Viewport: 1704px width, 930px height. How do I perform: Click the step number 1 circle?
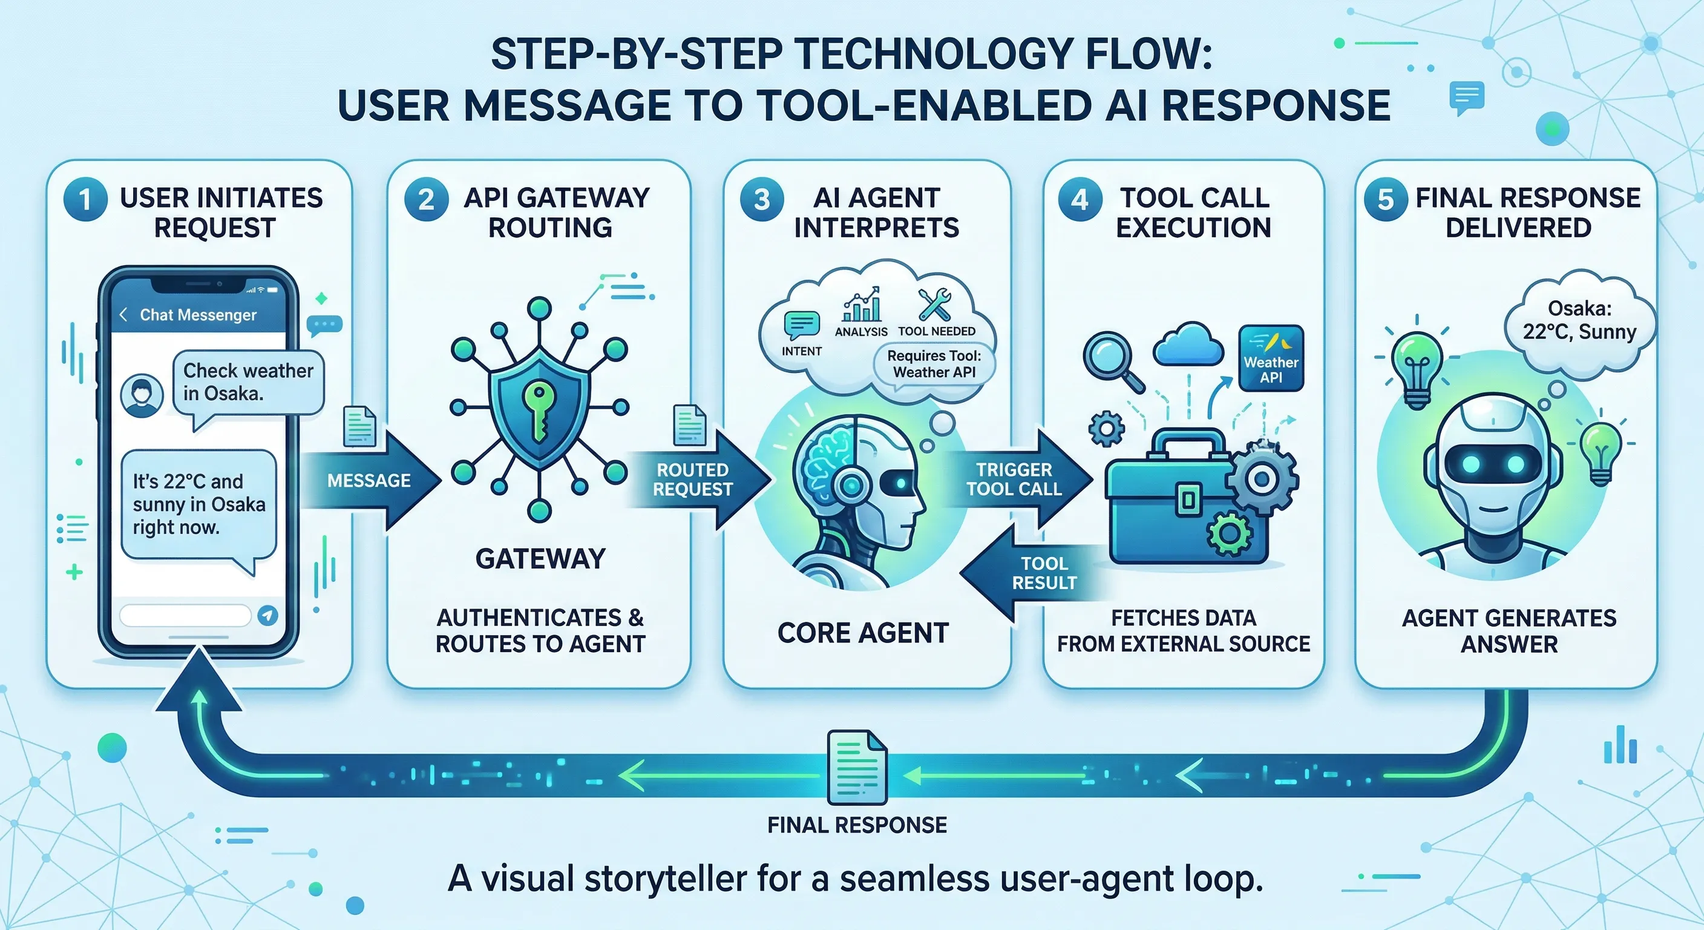point(85,200)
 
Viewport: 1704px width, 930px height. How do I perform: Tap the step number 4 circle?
point(1080,199)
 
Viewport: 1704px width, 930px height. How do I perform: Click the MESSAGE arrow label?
point(369,481)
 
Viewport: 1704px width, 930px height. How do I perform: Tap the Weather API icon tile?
point(1270,358)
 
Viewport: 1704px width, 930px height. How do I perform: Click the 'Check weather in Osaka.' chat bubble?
point(247,383)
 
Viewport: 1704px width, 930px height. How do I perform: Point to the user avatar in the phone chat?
point(142,395)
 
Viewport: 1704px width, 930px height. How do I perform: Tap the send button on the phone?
point(267,616)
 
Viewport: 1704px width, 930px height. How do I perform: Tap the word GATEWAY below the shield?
point(540,559)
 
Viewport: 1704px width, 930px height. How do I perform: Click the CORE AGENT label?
point(862,633)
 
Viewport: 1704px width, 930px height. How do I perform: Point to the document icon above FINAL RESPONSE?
point(857,767)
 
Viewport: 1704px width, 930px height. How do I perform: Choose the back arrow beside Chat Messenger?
point(123,314)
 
